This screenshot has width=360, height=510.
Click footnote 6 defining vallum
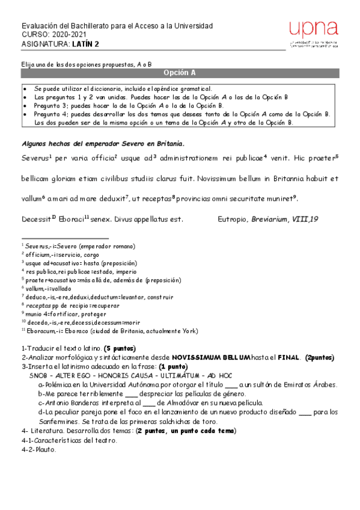[x=44, y=288]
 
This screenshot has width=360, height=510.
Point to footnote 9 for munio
[x=55, y=313]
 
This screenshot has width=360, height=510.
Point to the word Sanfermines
[x=56, y=421]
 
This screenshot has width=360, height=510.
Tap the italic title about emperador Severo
[x=103, y=144]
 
